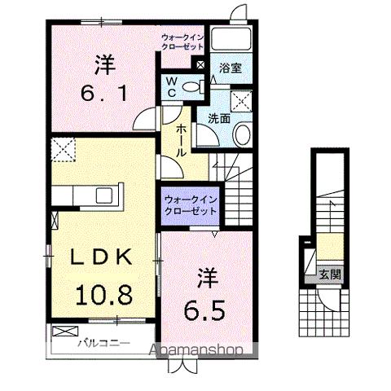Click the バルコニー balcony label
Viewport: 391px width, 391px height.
point(104,343)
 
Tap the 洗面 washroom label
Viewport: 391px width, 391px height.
point(218,119)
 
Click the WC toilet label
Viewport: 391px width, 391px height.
point(172,86)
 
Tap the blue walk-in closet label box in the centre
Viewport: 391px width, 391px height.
point(190,204)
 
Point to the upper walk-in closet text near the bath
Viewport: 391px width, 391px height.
point(182,42)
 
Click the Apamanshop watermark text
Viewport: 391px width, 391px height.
point(200,351)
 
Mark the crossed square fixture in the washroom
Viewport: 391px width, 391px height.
point(242,100)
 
